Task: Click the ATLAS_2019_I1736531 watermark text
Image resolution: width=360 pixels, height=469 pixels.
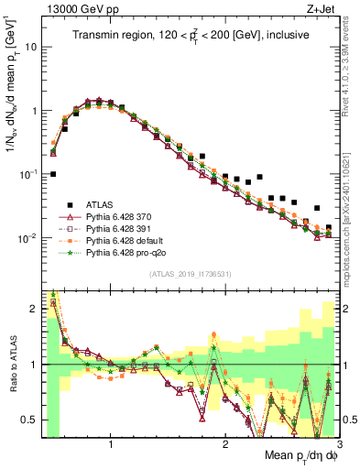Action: click(190, 274)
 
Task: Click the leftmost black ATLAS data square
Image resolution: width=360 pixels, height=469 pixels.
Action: click(53, 173)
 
